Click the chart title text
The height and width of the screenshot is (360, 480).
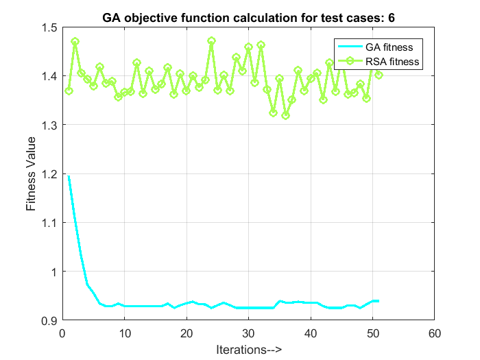click(x=248, y=16)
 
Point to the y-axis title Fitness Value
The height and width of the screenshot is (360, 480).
click(x=31, y=174)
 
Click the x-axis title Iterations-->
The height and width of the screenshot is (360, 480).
click(x=248, y=349)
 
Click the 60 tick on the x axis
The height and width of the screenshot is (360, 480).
click(x=434, y=334)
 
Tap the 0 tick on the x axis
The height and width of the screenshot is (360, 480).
click(x=62, y=334)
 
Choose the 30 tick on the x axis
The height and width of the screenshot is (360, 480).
click(x=248, y=334)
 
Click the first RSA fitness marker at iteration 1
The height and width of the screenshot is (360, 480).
click(x=69, y=91)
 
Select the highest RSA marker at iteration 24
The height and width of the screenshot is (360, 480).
click(x=211, y=41)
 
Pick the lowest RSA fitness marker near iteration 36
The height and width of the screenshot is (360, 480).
click(x=285, y=115)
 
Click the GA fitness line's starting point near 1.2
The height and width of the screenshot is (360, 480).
click(x=69, y=176)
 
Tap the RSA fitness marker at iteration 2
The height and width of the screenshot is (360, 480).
click(x=75, y=42)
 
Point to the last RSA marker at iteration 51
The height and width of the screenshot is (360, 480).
click(x=379, y=75)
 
